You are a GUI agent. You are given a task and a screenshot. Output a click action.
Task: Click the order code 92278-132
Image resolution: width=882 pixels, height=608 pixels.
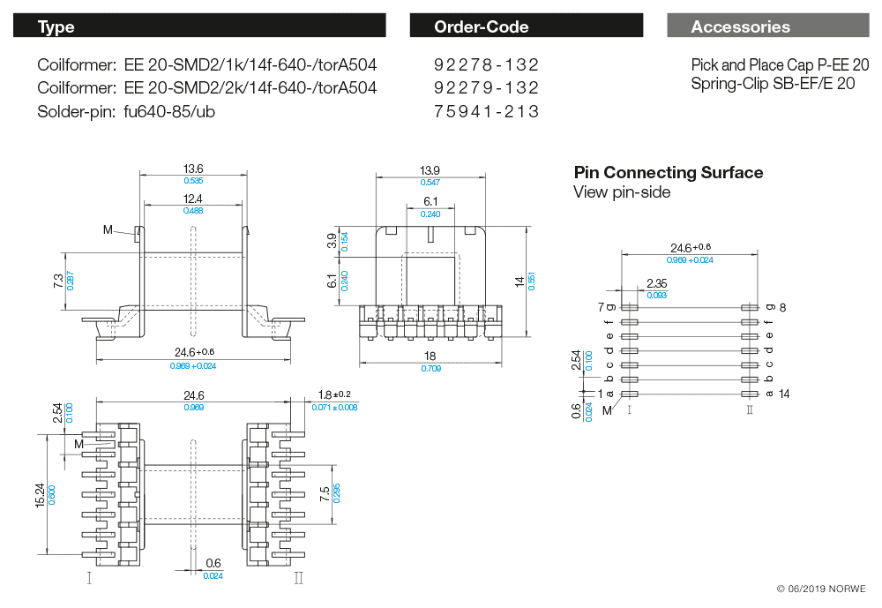tap(486, 65)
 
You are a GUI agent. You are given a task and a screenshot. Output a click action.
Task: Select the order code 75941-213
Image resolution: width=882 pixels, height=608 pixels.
tap(486, 111)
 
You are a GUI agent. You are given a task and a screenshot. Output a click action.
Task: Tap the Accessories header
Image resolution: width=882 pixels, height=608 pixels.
tap(741, 26)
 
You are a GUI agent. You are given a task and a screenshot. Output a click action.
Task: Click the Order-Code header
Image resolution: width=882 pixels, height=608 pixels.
tap(482, 26)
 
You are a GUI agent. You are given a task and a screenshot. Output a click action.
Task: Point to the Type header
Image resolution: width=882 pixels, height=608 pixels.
tap(56, 26)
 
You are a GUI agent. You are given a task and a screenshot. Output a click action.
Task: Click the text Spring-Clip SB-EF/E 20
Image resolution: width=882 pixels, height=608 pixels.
tap(773, 84)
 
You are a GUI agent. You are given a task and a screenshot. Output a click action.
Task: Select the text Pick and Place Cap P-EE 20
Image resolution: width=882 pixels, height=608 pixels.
tap(780, 65)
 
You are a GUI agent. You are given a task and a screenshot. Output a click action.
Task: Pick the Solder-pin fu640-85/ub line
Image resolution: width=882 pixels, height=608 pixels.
tap(126, 111)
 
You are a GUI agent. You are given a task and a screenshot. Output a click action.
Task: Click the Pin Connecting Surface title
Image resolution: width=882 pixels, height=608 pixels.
tap(669, 173)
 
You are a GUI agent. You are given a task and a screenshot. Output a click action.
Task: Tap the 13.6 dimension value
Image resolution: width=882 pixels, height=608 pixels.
tap(193, 169)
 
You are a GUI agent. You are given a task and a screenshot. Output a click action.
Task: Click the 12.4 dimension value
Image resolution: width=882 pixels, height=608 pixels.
tap(193, 199)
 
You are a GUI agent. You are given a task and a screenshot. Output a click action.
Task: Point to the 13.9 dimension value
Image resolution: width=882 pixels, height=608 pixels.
tap(430, 169)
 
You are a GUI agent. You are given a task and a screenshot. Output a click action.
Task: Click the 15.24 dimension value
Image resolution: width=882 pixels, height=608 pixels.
tap(39, 494)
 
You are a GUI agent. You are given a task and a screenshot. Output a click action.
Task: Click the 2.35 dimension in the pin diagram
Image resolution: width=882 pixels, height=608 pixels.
tap(656, 283)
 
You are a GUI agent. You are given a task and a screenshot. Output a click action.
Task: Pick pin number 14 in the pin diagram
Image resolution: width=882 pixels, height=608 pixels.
tap(784, 394)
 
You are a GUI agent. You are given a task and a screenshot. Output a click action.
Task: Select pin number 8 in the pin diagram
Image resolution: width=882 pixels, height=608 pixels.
tap(782, 307)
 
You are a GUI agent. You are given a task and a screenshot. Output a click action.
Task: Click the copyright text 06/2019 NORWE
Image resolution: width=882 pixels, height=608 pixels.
tap(821, 589)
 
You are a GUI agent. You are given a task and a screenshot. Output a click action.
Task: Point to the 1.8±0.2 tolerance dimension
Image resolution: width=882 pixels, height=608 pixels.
tap(334, 394)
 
